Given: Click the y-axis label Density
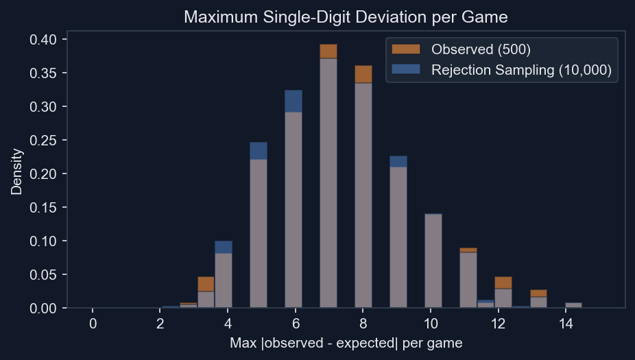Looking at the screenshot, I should coord(16,173).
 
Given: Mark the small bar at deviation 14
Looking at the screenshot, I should coord(573,305).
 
